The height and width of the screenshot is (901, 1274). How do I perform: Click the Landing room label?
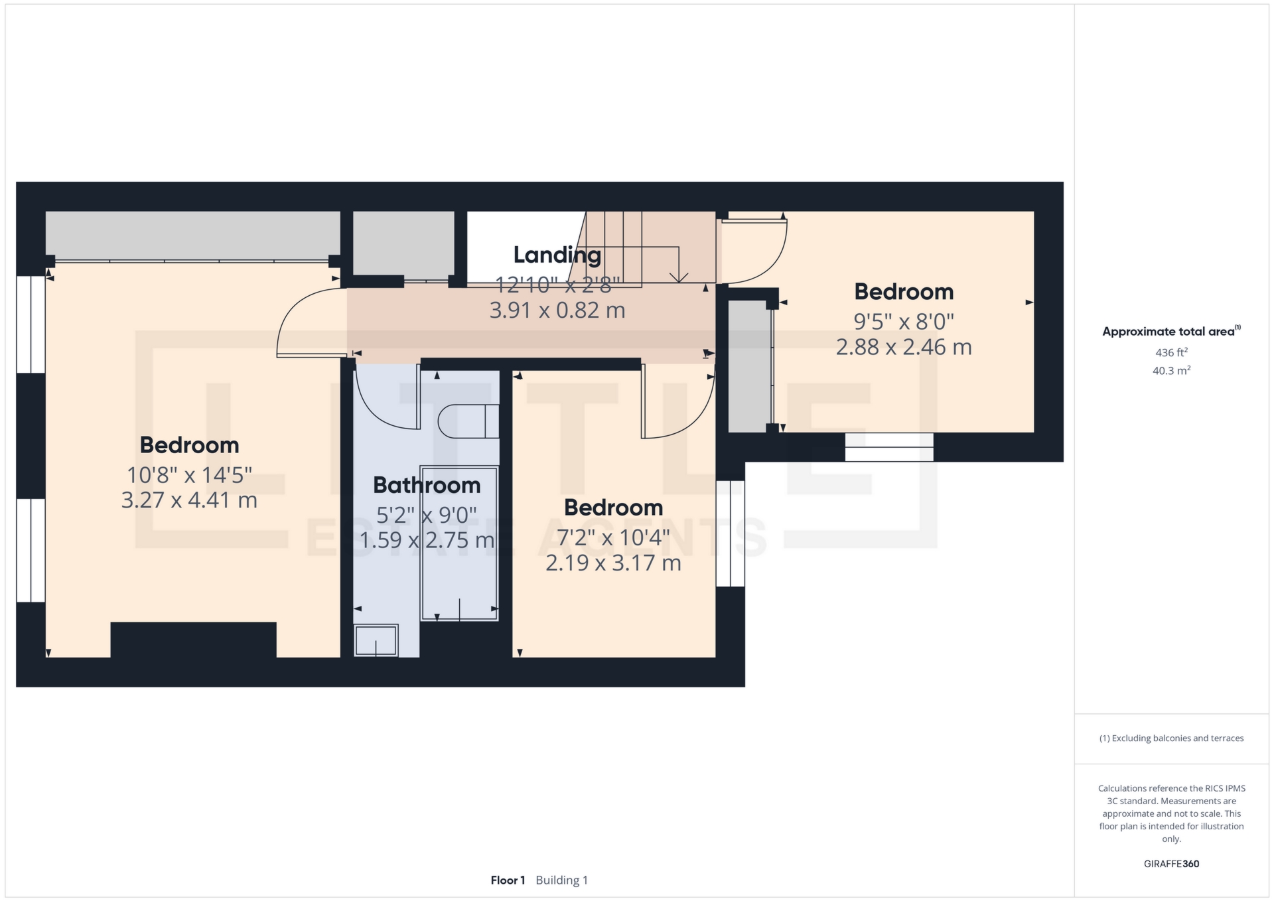click(x=557, y=255)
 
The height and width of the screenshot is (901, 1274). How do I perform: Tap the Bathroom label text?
click(x=427, y=485)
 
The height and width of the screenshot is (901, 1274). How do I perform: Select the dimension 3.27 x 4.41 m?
click(x=189, y=500)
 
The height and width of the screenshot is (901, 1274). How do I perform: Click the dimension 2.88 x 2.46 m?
click(x=903, y=347)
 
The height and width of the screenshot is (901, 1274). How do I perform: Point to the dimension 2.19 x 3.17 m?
click(x=613, y=563)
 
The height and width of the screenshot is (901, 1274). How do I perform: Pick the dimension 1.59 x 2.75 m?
click(x=427, y=539)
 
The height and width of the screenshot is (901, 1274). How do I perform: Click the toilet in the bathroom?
click(x=468, y=421)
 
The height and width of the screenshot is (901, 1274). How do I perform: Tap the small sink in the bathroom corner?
click(x=376, y=641)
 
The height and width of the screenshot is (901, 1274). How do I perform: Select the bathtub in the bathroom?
click(x=459, y=544)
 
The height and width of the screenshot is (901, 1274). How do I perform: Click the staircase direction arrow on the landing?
click(x=678, y=275)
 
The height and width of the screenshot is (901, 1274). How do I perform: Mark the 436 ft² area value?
click(x=1171, y=352)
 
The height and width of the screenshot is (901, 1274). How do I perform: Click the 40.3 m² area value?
click(x=1171, y=371)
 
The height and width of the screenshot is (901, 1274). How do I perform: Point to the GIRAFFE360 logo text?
click(x=1171, y=864)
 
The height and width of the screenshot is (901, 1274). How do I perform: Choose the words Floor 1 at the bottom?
click(x=508, y=880)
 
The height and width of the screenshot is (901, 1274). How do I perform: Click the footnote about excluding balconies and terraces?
click(x=1171, y=738)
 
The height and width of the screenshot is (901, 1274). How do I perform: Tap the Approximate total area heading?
click(x=1170, y=332)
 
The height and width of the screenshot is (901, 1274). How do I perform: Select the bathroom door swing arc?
click(x=378, y=408)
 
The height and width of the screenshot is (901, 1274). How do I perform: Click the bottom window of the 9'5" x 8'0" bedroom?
click(x=889, y=447)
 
